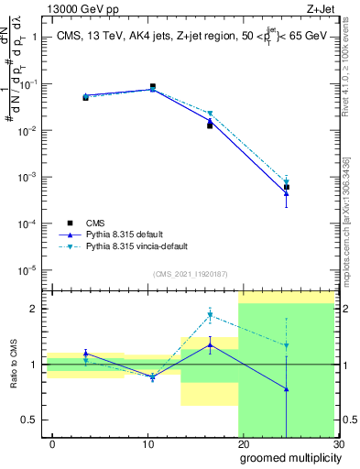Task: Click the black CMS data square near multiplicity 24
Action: [287, 187]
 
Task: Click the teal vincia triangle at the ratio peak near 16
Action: [210, 315]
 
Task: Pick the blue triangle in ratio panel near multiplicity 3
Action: [85, 353]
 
